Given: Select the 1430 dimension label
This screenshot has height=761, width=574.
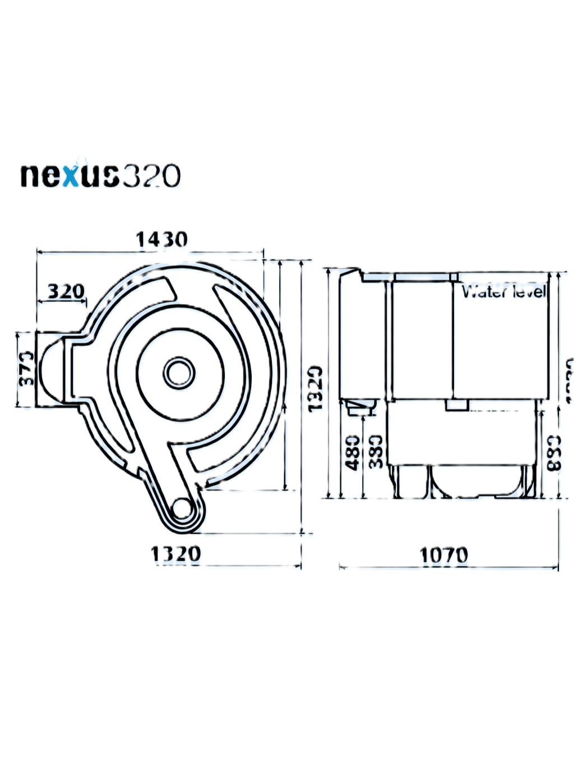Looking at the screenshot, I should pyautogui.click(x=161, y=240).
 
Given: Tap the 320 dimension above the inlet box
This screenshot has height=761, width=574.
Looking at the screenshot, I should pyautogui.click(x=66, y=291).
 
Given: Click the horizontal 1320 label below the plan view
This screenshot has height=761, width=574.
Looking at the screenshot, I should pyautogui.click(x=175, y=554).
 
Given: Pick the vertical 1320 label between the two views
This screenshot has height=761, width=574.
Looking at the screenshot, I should pyautogui.click(x=315, y=388).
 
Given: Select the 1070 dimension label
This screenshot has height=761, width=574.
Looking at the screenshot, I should pyautogui.click(x=443, y=556).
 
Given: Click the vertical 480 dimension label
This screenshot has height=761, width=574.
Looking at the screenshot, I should pyautogui.click(x=352, y=452).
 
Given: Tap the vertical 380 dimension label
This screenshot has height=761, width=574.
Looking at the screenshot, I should pyautogui.click(x=376, y=452).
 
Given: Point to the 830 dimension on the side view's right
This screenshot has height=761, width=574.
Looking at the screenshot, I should pyautogui.click(x=553, y=453).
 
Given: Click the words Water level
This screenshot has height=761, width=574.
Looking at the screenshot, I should pyautogui.click(x=503, y=292).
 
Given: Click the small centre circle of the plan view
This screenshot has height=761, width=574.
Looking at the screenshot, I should pyautogui.click(x=179, y=372).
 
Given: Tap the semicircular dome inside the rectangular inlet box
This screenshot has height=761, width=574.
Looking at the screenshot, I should pyautogui.click(x=50, y=369).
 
